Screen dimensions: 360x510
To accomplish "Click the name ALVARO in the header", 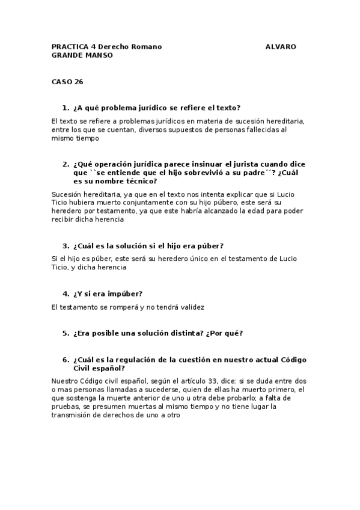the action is click(280, 46).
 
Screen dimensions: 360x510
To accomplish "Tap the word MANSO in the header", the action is click(99, 55).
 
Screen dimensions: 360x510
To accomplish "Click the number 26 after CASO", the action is click(79, 82).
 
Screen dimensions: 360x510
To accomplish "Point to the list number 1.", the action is click(65, 108).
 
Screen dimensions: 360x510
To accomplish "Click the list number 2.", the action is click(65, 164).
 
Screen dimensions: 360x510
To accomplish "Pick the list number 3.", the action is click(65, 246).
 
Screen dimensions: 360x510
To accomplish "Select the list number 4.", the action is click(65, 293).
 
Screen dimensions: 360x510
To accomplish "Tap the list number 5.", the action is click(65, 333).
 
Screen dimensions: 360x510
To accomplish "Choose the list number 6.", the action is click(65, 360).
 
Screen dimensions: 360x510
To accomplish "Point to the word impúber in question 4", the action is click(123, 293).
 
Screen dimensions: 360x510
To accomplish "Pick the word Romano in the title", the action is click(147, 46).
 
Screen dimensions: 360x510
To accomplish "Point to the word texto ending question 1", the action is click(227, 108).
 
